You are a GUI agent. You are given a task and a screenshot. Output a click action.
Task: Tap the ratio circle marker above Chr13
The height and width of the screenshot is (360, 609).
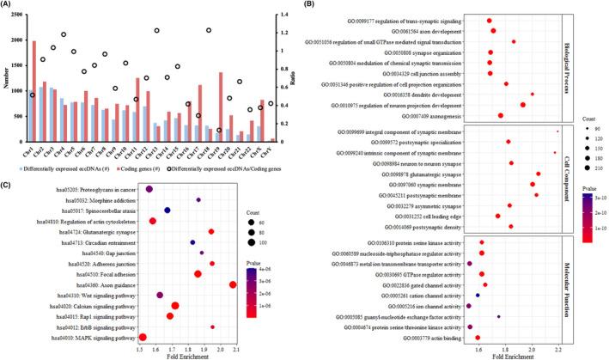point(155,30)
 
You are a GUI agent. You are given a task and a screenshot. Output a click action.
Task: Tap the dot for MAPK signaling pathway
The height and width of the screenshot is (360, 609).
point(143,338)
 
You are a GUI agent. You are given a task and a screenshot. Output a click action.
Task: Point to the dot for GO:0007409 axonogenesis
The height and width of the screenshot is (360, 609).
point(501,115)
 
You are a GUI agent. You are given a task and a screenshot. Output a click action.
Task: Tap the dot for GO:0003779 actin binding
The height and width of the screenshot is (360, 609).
point(478,339)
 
